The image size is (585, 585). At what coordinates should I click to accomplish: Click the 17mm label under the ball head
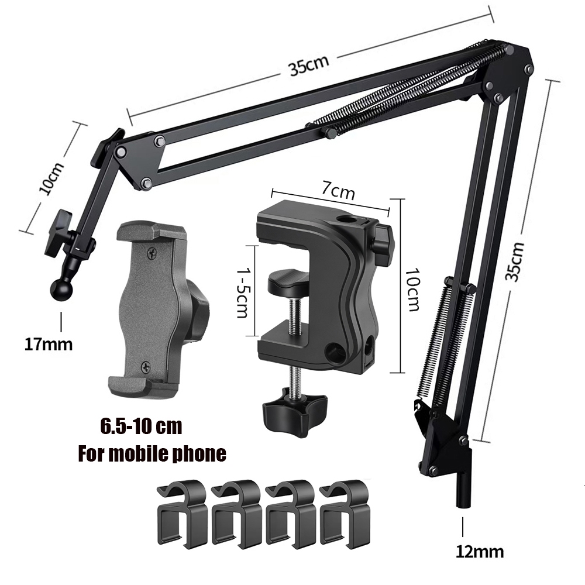coord(49,344)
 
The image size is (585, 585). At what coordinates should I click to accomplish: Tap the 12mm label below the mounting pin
coord(480,551)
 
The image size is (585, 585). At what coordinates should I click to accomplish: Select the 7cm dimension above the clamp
coord(338,191)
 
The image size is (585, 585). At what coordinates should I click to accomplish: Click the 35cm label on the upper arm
coord(308,66)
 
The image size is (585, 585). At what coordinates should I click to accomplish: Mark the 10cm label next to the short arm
coord(52,178)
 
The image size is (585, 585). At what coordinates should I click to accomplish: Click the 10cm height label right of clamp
coord(413,289)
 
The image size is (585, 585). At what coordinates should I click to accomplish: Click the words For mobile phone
coord(152,454)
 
